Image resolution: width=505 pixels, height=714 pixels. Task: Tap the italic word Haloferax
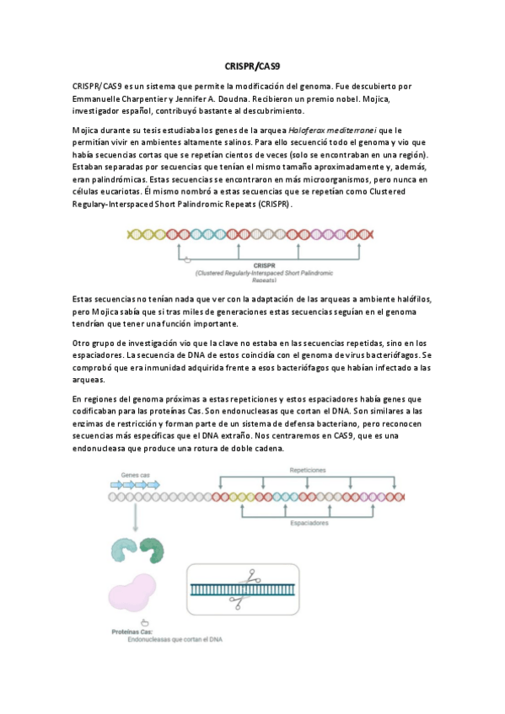[x=309, y=131]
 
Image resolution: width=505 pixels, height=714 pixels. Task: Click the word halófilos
[x=412, y=301]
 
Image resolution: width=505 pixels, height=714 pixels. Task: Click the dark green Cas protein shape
[x=153, y=551]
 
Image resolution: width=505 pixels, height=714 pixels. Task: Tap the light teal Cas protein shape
[x=123, y=551]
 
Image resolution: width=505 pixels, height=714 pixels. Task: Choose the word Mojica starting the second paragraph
[x=89, y=131]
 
